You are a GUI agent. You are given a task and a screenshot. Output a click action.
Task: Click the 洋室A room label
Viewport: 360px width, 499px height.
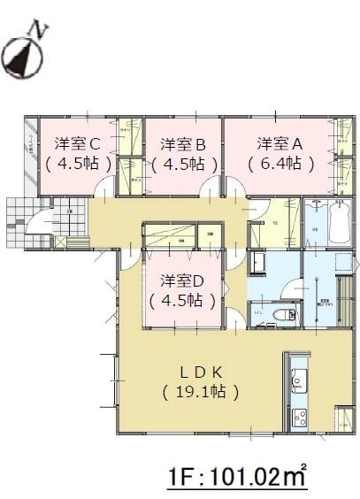(x=280, y=142)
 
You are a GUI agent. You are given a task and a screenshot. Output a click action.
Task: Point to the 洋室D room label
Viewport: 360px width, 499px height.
(x=183, y=280)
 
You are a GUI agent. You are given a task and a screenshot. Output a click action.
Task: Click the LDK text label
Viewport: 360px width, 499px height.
(x=200, y=368)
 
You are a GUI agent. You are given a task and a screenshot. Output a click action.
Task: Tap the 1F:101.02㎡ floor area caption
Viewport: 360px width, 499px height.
(x=238, y=479)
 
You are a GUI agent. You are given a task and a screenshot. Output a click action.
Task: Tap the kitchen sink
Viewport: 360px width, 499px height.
(x=298, y=380)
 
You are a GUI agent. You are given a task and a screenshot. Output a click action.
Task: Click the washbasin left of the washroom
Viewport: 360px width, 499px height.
(x=259, y=264)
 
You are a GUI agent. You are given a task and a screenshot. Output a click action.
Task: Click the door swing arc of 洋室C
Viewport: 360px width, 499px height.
(x=104, y=186)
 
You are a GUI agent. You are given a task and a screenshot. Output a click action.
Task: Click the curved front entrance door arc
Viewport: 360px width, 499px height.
(x=41, y=222)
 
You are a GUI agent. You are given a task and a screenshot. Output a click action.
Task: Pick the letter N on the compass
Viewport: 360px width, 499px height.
(x=38, y=29)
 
